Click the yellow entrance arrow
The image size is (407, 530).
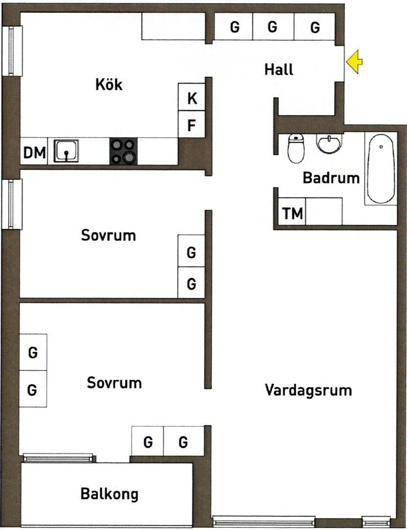click(x=354, y=62)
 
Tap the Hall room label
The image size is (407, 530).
click(x=279, y=69)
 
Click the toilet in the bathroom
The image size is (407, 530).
click(x=296, y=148)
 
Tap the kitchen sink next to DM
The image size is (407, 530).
click(x=66, y=151)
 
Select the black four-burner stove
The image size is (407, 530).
click(x=123, y=151)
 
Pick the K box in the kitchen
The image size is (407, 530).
click(x=191, y=97)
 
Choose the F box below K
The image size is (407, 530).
click(x=191, y=124)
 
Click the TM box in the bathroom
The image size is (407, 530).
click(x=292, y=212)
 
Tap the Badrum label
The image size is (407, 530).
click(x=331, y=178)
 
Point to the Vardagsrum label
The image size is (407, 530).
click(x=308, y=390)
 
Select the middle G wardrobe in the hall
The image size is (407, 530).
click(x=273, y=27)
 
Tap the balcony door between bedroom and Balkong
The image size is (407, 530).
click(x=58, y=458)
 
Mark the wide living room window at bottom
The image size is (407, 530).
click(x=264, y=521)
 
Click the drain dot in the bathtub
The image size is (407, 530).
click(x=381, y=147)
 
